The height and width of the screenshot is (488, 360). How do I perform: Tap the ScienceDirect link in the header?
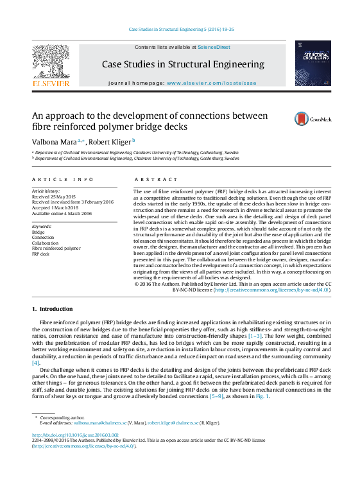tap(214, 47)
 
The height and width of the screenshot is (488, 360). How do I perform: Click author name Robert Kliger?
tap(110, 141)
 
